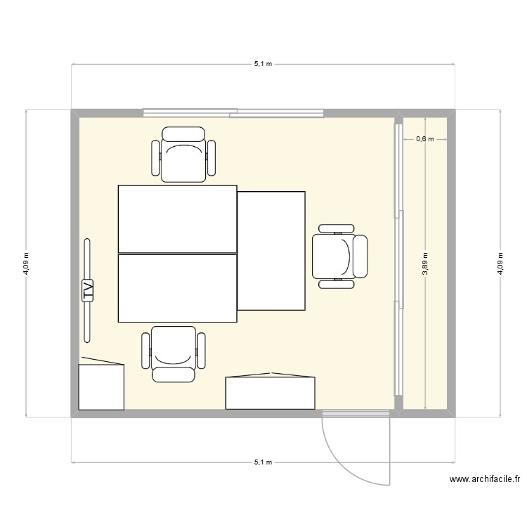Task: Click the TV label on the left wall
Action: [88, 290]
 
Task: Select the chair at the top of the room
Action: [183, 155]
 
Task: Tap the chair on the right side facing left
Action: [340, 256]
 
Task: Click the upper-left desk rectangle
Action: [177, 219]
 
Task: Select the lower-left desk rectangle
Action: [177, 288]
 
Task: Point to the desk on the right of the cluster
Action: [271, 251]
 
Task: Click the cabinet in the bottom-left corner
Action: [101, 386]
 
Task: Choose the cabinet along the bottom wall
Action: [270, 393]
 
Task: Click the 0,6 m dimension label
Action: [425, 139]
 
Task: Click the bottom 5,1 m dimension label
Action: [263, 463]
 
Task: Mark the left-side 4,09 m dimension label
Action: [27, 264]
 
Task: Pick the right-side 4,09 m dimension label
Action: [500, 264]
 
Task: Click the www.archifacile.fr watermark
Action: [484, 481]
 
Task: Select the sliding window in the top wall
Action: [233, 112]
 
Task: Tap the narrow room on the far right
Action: [426, 316]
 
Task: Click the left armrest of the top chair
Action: [156, 157]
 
